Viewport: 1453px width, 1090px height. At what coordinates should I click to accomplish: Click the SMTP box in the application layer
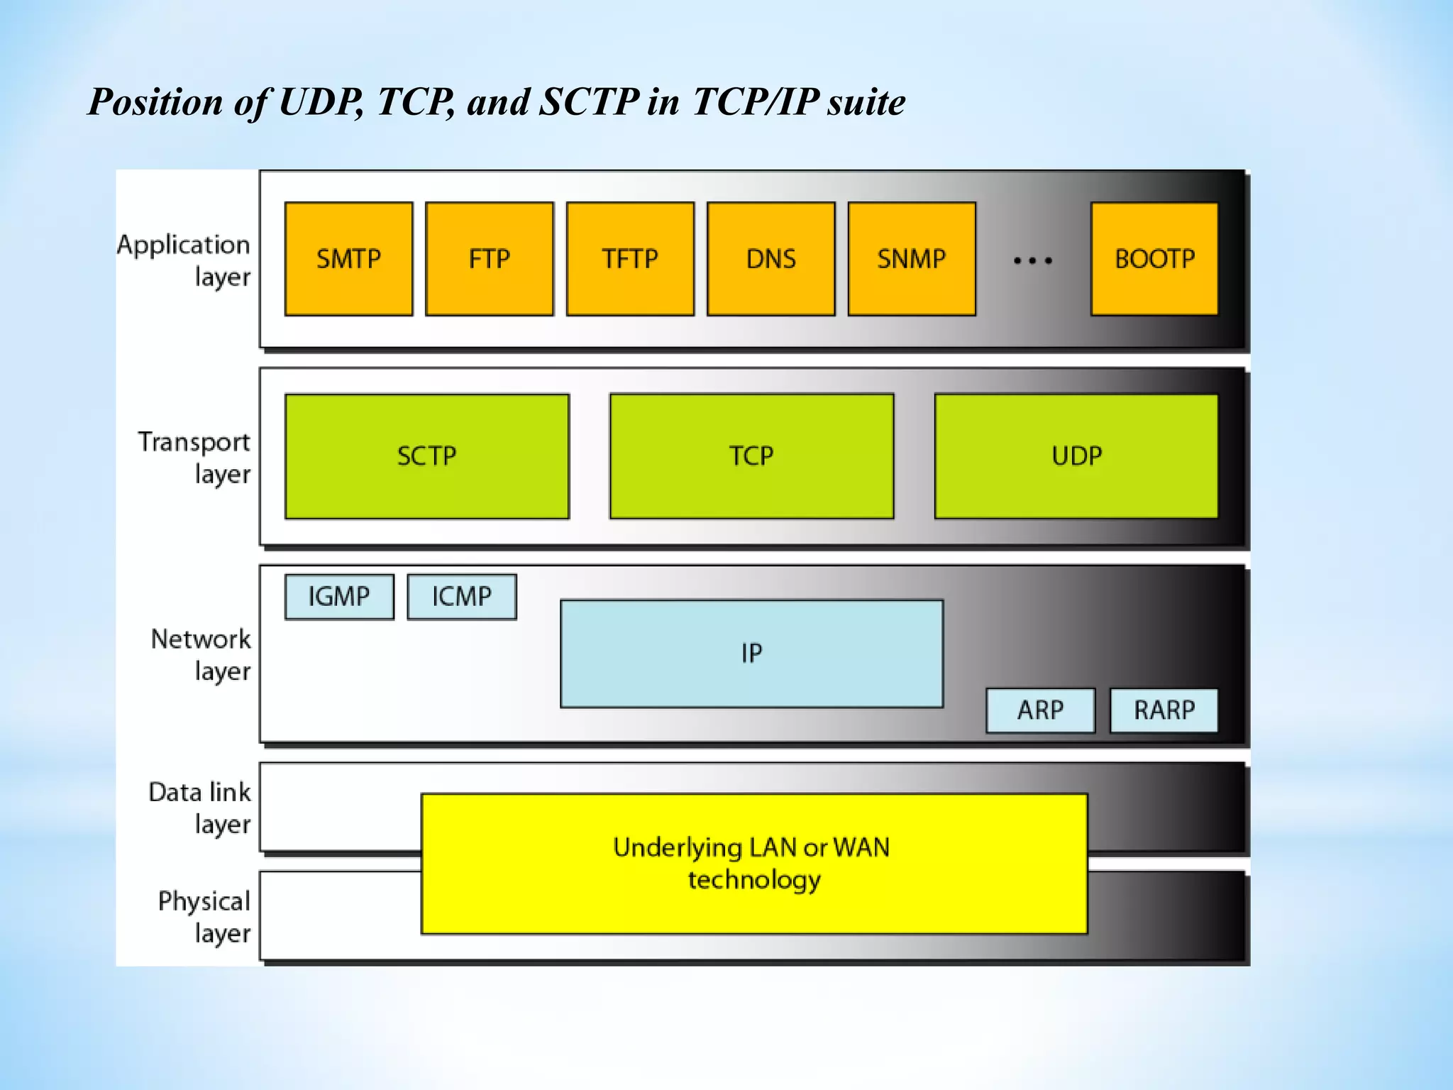(348, 259)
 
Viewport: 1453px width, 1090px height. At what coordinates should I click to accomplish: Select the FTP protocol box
(489, 259)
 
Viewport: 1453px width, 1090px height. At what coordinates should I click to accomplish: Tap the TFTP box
(630, 259)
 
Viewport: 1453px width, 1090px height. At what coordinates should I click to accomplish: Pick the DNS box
(770, 259)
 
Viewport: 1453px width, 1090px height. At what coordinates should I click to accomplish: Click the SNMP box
(912, 259)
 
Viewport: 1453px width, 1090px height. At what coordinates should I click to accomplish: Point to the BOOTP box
(1154, 259)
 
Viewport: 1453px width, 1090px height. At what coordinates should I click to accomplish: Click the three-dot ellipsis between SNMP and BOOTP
(1033, 261)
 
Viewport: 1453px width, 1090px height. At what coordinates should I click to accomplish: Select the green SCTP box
(427, 456)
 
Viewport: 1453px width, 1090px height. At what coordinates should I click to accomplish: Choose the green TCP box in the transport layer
(751, 456)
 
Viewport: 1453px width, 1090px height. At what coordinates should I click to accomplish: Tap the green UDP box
(1076, 456)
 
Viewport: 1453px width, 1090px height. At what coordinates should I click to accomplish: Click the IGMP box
(339, 597)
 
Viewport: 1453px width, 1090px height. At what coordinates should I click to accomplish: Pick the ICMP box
(462, 597)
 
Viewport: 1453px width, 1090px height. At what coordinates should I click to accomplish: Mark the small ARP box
(1040, 710)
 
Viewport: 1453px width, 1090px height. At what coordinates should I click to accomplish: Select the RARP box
(1164, 710)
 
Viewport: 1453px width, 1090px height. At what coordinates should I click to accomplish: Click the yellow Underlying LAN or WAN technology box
(754, 864)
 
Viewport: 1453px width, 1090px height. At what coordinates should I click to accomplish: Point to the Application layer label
(184, 260)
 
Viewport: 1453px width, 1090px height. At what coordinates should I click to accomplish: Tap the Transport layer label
(194, 457)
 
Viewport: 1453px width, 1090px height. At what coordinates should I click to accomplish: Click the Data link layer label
(200, 808)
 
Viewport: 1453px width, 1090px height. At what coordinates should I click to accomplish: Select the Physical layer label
(204, 917)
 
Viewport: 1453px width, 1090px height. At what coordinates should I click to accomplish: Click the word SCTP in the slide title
(589, 102)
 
